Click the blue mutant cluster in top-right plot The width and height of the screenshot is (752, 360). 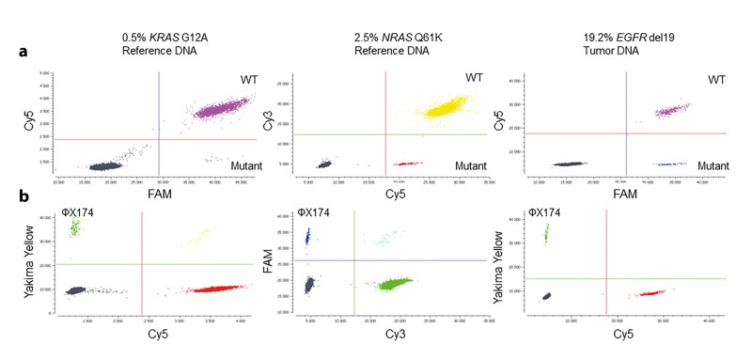671,164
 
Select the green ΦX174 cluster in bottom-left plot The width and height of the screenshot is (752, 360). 75,227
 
